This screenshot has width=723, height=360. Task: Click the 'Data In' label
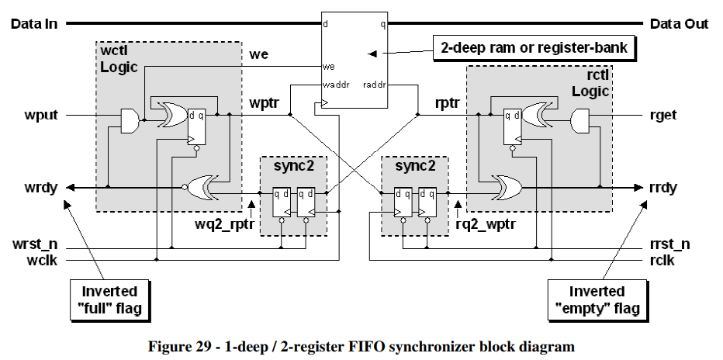tap(35, 23)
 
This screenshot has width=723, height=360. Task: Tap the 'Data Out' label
tap(679, 23)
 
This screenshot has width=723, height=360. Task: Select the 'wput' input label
tap(41, 116)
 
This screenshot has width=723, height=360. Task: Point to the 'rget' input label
tap(662, 116)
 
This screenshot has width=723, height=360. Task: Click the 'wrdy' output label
tap(41, 189)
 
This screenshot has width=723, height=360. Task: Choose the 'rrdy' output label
tap(662, 189)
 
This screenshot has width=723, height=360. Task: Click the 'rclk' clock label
tap(662, 261)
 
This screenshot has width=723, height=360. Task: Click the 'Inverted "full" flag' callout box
tap(109, 299)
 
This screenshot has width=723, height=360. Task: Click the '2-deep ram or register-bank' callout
tap(534, 47)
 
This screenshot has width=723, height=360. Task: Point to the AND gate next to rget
tap(579, 121)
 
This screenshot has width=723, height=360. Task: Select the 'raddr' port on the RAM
tap(375, 85)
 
